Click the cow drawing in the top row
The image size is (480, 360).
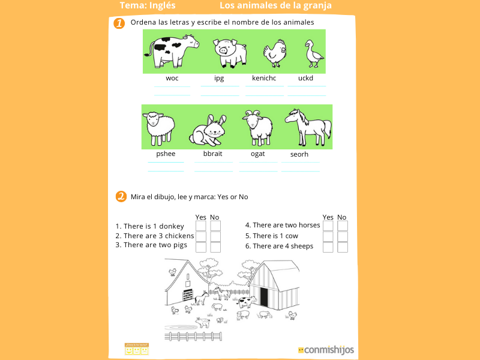click(x=174, y=50)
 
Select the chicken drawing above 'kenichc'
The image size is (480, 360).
click(x=274, y=53)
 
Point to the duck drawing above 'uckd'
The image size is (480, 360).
click(x=313, y=54)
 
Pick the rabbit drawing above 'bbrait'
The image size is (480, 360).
click(x=208, y=130)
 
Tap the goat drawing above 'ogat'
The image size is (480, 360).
click(x=257, y=127)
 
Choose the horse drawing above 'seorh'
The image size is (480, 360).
click(x=307, y=126)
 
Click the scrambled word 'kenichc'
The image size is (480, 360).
click(x=264, y=78)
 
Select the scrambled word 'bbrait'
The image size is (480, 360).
click(x=212, y=154)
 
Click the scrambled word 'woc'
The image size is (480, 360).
click(x=172, y=78)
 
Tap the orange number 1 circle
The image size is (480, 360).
click(x=119, y=23)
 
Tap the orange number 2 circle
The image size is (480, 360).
click(x=121, y=197)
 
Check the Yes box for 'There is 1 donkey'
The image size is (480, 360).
click(x=201, y=226)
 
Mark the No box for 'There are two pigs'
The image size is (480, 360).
click(x=215, y=247)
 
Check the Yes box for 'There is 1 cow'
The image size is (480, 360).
click(x=328, y=236)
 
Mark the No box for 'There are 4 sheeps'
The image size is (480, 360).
click(x=343, y=247)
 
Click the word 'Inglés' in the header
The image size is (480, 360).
click(x=163, y=5)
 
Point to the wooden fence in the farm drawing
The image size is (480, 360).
click(x=193, y=336)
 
